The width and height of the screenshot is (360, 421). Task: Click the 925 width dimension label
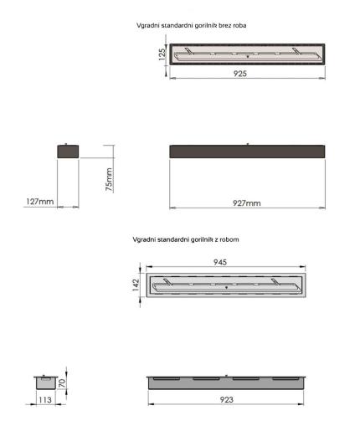pyautogui.click(x=240, y=74)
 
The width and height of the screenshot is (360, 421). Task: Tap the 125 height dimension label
pyautogui.click(x=162, y=54)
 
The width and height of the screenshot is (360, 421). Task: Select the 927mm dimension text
pyautogui.click(x=247, y=203)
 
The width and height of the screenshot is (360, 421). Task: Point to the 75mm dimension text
pyautogui.click(x=110, y=179)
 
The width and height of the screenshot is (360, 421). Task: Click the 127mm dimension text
pyautogui.click(x=40, y=202)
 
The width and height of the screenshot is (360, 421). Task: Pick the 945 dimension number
pyautogui.click(x=220, y=262)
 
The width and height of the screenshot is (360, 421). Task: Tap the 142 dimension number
pyautogui.click(x=136, y=285)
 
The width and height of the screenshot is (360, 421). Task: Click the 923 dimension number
pyautogui.click(x=226, y=399)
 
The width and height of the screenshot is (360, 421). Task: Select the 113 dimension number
pyautogui.click(x=45, y=400)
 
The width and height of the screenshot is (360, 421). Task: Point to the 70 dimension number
pyautogui.click(x=62, y=383)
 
